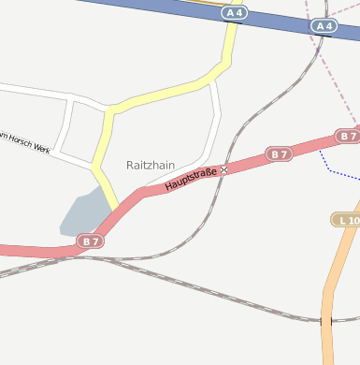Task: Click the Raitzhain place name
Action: point(150,165)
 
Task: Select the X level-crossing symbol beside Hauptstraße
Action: point(223,170)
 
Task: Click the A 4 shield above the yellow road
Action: point(234,13)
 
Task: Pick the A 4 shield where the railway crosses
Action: point(324,26)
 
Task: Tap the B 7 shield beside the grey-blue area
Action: point(90,241)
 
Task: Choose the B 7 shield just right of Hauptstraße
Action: point(278,153)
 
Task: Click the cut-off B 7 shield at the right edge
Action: point(349,136)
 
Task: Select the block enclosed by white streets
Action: point(83,126)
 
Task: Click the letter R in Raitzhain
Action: point(130,165)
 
